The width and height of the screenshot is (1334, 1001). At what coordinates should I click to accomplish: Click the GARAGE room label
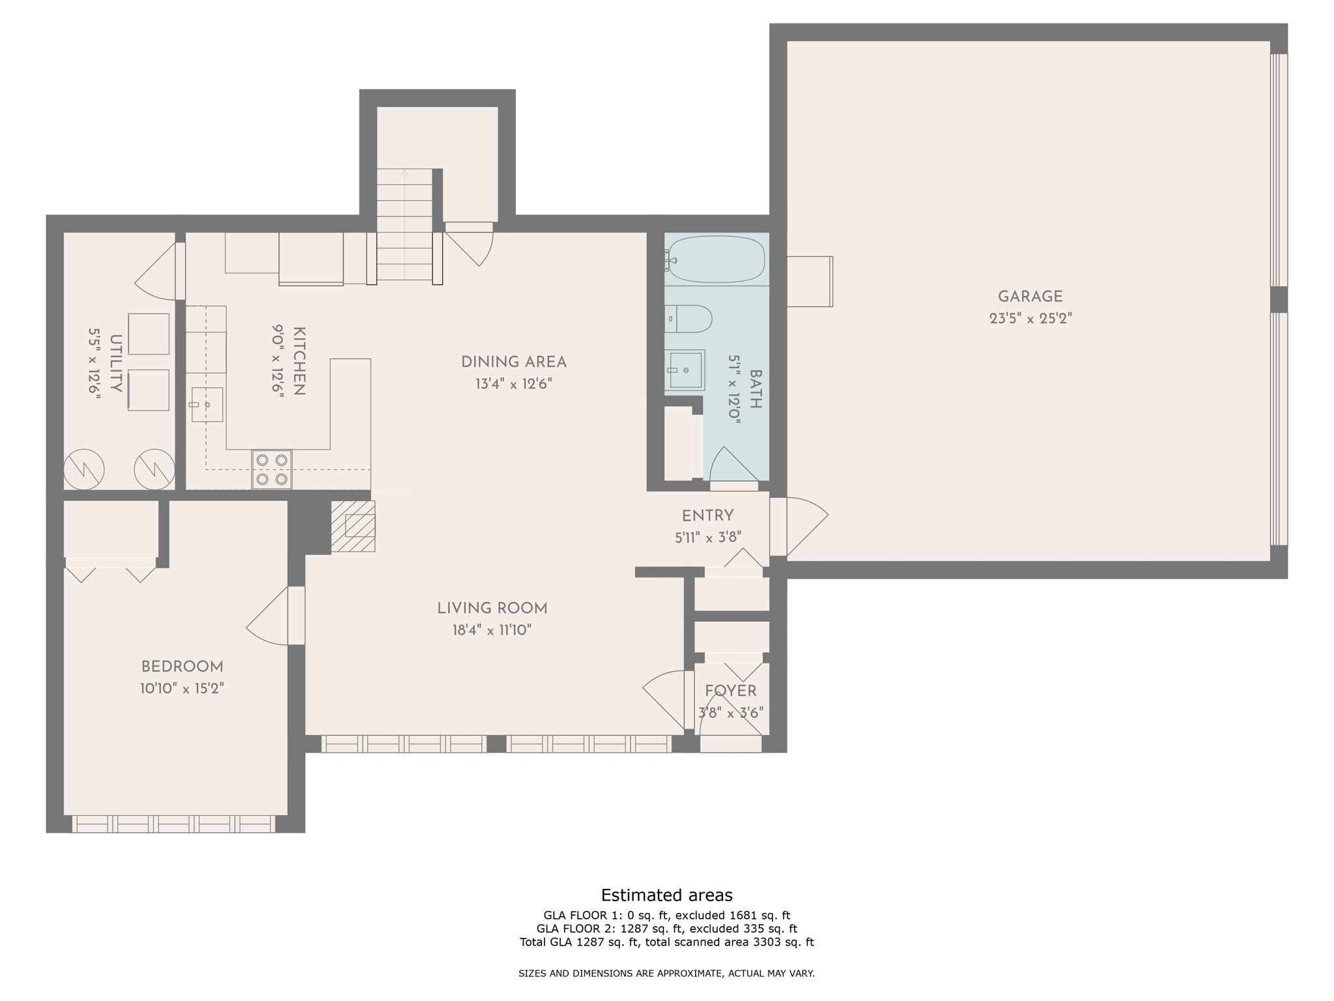(1030, 297)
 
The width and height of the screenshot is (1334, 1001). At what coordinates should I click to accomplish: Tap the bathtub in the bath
(717, 259)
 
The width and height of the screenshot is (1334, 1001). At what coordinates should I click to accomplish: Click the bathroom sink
(686, 370)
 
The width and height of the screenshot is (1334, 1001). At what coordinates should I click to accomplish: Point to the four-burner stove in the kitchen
(272, 469)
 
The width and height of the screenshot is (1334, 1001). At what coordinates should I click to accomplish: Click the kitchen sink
(206, 405)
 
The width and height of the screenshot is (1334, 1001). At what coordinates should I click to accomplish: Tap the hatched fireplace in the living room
(353, 526)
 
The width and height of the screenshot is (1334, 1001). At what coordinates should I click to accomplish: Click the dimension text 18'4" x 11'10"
(492, 630)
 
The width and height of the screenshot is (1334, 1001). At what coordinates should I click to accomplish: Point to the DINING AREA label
(513, 362)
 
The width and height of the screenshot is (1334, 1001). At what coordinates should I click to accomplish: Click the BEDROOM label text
(182, 667)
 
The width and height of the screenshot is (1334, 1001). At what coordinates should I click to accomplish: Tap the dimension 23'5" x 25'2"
(1030, 319)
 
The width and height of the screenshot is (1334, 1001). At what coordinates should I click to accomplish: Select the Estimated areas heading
(666, 895)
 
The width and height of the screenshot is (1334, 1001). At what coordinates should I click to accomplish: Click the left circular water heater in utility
(84, 469)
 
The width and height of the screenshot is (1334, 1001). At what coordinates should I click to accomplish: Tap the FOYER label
(730, 691)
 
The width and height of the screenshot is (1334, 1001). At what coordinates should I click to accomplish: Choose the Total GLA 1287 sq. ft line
(666, 942)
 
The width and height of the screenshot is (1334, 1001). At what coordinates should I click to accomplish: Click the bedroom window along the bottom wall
(173, 824)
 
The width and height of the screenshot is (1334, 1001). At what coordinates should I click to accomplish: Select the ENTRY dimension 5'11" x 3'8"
(707, 538)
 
